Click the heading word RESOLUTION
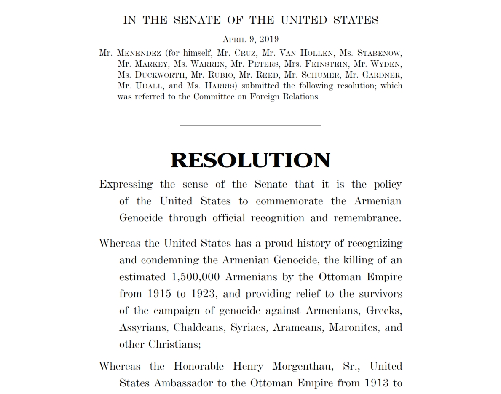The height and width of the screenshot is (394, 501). click(250, 161)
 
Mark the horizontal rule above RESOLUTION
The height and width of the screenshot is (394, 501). click(250, 125)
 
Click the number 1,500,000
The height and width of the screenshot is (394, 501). click(196, 277)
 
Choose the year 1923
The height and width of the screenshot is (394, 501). click(201, 294)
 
